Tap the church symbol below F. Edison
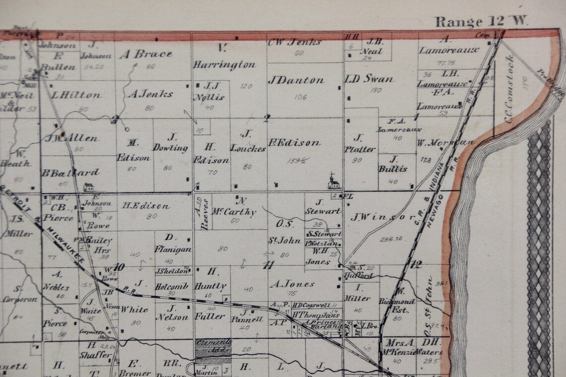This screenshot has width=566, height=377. coord(334,181)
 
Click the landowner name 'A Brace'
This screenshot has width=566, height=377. coord(145,54)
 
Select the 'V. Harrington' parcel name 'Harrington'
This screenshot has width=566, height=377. coord(224,64)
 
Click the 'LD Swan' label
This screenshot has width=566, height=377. coord(369,79)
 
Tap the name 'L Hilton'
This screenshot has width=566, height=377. coord(76,95)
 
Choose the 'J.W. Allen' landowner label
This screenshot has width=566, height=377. coord(71,138)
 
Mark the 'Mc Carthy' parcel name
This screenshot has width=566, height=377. coord(234,212)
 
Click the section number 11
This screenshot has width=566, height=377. coord(268,265)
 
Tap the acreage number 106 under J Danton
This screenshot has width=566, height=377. coord(300,97)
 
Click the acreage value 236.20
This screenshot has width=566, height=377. coord(391,239)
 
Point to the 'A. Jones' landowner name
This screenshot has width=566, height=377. coord(292,284)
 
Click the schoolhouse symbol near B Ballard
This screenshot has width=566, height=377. coord(88,188)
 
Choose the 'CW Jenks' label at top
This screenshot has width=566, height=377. coord(294,42)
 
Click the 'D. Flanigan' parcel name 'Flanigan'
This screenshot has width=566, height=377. coord(173,249)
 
